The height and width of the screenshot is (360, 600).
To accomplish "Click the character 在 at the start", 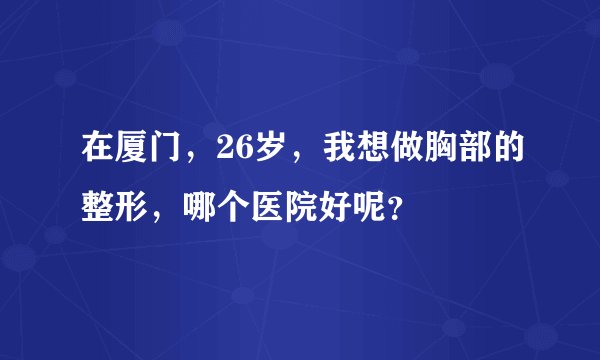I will [83, 154].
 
